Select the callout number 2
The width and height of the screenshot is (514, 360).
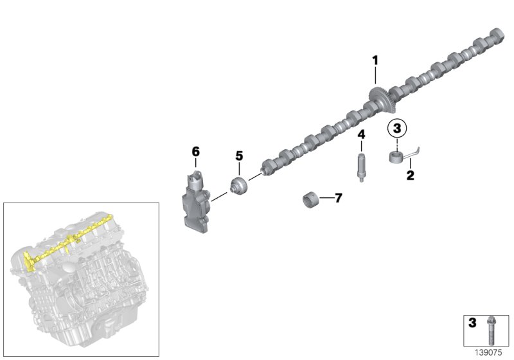click(x=409, y=175)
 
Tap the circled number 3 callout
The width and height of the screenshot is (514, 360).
click(x=397, y=129)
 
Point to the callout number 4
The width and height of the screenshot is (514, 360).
click(x=361, y=134)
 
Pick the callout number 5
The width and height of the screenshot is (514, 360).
click(x=238, y=156)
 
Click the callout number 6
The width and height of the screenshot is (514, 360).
click(x=196, y=152)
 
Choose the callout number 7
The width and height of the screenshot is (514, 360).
click(x=338, y=198)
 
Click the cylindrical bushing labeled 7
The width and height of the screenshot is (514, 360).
click(x=312, y=200)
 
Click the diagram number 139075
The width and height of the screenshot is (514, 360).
click(x=488, y=352)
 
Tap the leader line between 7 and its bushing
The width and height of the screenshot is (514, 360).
click(x=326, y=199)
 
